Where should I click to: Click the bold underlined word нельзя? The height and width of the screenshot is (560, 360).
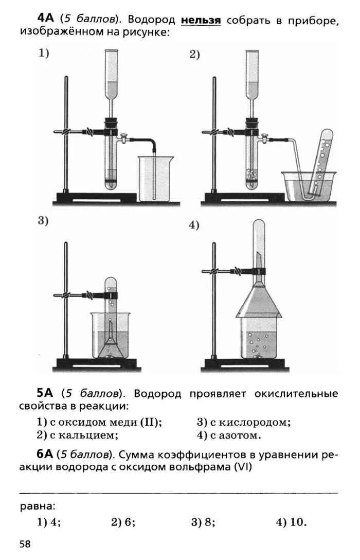click(201, 20)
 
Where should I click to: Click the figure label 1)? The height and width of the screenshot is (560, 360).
click(44, 52)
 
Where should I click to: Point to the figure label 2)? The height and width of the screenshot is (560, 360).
click(194, 55)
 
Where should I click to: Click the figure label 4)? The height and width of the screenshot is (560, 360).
click(194, 225)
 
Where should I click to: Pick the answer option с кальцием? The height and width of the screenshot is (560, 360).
click(78, 435)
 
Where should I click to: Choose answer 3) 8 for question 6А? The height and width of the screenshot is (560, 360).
click(203, 522)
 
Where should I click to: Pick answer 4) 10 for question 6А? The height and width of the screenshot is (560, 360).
click(291, 522)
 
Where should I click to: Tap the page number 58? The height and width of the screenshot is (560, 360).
click(25, 544)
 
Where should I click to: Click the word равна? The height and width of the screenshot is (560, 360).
click(38, 505)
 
